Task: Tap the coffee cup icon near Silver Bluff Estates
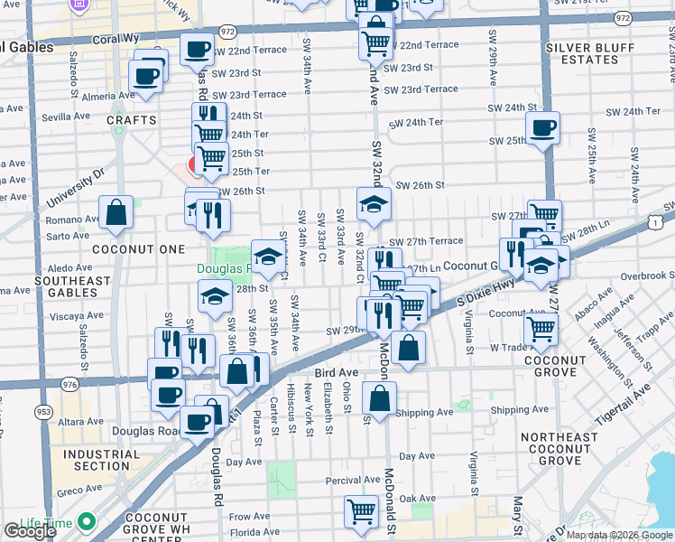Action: (542, 128)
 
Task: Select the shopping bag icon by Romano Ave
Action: (116, 213)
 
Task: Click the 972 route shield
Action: (227, 32)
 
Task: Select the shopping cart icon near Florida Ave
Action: (361, 511)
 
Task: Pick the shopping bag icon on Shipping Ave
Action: (380, 397)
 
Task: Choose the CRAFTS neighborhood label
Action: (131, 119)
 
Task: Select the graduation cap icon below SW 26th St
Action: (374, 204)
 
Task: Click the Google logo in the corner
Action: (30, 531)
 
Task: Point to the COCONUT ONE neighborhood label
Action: (132, 248)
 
